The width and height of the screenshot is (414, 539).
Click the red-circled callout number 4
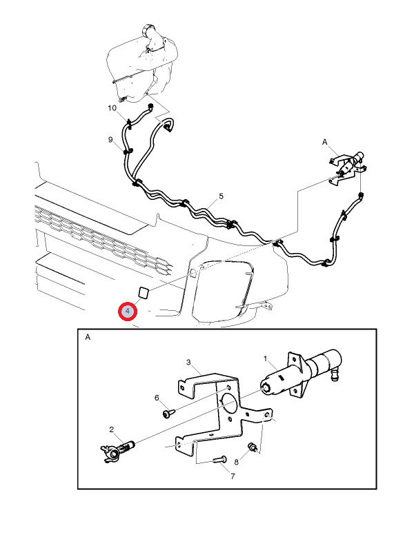[128, 312]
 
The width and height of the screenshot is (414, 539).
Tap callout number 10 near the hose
[112, 108]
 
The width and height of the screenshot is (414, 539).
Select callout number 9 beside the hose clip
[110, 139]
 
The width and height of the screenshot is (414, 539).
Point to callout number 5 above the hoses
[221, 196]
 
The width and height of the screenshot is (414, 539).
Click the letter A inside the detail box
[88, 337]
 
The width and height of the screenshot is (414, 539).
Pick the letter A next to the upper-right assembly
[324, 142]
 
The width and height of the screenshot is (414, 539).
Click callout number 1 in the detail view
[266, 358]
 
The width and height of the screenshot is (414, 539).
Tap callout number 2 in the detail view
[112, 429]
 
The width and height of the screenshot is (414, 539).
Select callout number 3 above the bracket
[188, 362]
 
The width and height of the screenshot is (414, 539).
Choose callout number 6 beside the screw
[157, 398]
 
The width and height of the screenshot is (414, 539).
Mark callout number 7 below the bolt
[233, 476]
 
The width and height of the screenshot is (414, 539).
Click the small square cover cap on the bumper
[143, 292]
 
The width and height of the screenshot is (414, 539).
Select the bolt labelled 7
[219, 459]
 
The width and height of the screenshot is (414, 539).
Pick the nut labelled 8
[253, 447]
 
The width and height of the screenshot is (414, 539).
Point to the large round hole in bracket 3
[228, 403]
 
